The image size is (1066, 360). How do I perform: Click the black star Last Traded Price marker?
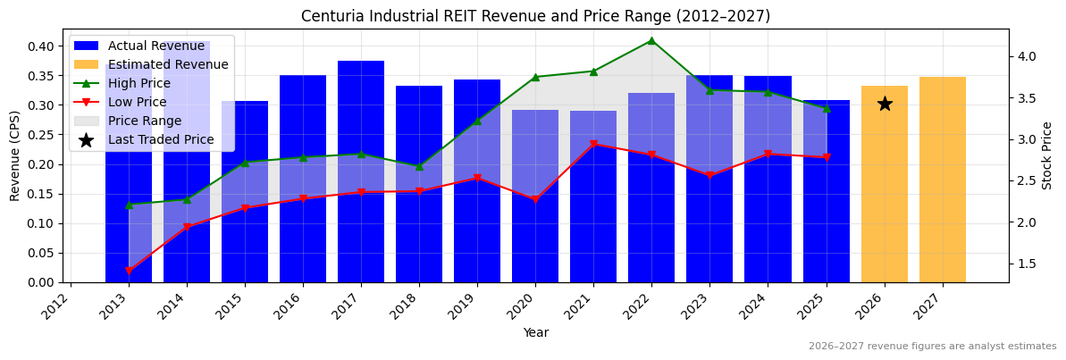(885, 104)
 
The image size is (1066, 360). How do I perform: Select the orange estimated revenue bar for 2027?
(943, 180)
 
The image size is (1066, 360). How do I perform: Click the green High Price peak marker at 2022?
(651, 40)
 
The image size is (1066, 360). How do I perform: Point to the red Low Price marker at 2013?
(129, 271)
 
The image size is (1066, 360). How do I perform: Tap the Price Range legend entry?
(144, 121)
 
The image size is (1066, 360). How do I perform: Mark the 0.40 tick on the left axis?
(42, 46)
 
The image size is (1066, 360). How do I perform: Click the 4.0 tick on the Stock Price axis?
(1026, 56)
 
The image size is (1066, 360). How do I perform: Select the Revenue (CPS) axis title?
(15, 155)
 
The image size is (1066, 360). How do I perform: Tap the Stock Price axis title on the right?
(1047, 155)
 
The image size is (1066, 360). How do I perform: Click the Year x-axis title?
(536, 332)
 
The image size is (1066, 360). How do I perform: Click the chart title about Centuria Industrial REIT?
(535, 16)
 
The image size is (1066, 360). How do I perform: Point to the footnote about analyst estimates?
(932, 347)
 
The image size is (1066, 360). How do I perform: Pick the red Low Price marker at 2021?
(593, 145)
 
